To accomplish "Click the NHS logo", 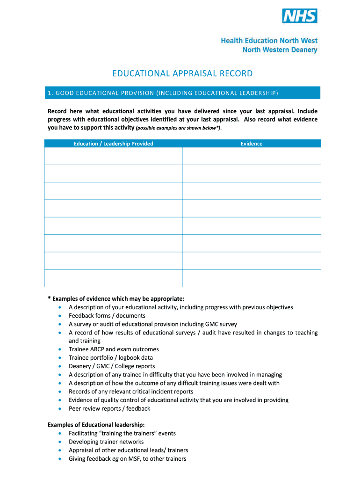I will [300, 16].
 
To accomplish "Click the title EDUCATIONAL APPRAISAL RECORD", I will [182, 73].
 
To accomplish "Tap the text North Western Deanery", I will [280, 50].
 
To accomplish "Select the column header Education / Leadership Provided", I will [113, 144].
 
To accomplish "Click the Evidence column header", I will [252, 144].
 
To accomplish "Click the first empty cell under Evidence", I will [252, 156].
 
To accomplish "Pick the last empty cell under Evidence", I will [252, 278].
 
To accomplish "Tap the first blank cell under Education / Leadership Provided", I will [113, 156].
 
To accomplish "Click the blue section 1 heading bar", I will [182, 93].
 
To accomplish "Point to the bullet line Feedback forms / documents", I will [107, 316].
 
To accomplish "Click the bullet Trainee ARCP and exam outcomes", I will [114, 349].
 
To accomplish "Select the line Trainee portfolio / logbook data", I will [111, 358].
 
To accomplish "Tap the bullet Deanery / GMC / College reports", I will [112, 366].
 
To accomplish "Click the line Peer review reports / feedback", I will [109, 408].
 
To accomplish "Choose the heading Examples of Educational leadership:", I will [96, 425].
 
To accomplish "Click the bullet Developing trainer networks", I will [106, 442].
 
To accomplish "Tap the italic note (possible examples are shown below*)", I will [178, 128].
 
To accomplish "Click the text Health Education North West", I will [269, 41].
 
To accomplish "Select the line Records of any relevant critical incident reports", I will [131, 392].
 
